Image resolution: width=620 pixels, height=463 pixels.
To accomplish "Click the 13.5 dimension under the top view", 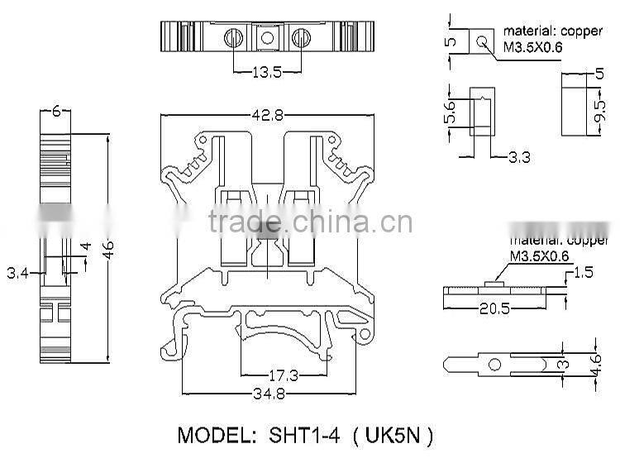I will [266, 73].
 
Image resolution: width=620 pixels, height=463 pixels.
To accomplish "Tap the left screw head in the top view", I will [233, 37].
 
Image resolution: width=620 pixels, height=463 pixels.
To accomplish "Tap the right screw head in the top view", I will [301, 37].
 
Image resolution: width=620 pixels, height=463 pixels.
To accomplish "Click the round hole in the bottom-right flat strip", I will [494, 364].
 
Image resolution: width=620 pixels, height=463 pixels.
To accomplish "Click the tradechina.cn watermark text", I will [310, 222].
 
